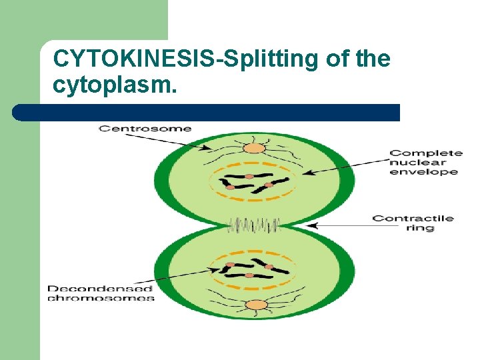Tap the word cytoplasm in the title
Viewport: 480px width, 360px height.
114,85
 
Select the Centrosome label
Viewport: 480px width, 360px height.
145,128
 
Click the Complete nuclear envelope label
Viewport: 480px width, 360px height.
425,162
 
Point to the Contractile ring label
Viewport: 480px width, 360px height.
413,223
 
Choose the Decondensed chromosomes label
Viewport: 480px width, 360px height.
100,293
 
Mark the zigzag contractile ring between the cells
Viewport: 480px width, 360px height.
253,225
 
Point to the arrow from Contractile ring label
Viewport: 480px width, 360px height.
340,225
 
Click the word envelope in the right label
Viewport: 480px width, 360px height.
425,172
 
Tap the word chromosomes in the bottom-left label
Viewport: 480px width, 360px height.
101,298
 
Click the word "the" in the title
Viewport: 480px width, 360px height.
373,59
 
